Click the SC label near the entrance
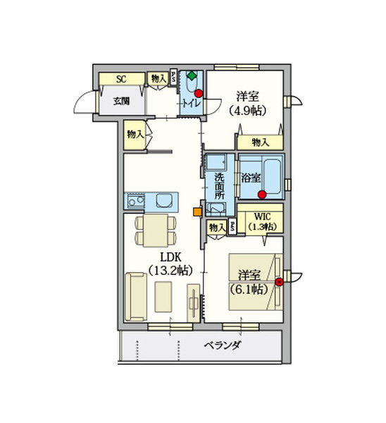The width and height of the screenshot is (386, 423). pos(121,79)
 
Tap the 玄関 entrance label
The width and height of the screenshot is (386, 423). pos(121,101)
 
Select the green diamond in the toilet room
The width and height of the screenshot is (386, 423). pos(192,75)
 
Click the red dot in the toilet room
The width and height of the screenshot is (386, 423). pos(199,93)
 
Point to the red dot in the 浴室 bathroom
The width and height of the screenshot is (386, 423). pos(262,195)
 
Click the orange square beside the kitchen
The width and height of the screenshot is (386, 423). pos(198,211)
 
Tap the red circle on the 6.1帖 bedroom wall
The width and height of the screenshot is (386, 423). pos(279,282)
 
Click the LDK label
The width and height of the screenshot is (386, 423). pos(171,257)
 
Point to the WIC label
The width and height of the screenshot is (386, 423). pos(263,216)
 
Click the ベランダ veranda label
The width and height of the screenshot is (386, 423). pos(222,345)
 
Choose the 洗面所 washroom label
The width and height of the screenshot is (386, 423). pos(219,186)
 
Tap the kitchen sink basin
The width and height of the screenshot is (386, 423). pos(164,201)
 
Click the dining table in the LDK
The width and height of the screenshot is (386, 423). pos(156,231)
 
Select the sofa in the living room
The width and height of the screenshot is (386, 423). pos(136,297)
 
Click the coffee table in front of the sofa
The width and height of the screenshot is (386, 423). pos(163,297)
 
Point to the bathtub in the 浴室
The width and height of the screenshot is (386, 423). pos(272,177)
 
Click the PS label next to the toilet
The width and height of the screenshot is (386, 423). pos(173,77)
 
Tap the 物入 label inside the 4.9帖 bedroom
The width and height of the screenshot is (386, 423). pos(261,142)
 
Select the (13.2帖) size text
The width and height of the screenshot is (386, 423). pos(170,270)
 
